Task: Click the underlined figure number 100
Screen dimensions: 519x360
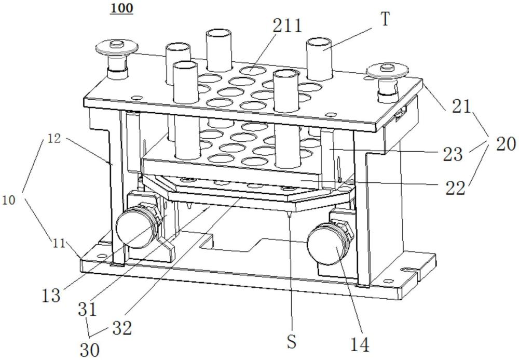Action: [x=122, y=8]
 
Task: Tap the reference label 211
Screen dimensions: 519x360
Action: [x=288, y=25]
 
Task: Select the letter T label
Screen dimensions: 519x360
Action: [x=385, y=19]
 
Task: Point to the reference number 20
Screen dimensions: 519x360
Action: [x=505, y=144]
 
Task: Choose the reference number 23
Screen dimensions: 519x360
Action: [x=453, y=154]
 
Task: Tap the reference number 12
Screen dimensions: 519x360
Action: [x=54, y=138]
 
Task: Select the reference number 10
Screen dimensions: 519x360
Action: [x=9, y=200]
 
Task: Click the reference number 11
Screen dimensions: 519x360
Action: [x=59, y=244]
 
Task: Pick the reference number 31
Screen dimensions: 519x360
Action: [x=87, y=309]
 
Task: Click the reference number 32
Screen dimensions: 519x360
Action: [x=122, y=328]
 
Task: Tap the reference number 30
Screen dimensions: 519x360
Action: [x=90, y=350]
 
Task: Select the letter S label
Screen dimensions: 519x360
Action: [x=291, y=342]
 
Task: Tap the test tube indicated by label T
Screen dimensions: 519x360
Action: [x=319, y=59]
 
